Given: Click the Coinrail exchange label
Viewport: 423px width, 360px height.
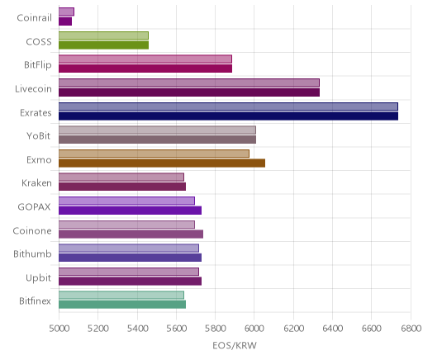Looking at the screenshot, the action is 34,18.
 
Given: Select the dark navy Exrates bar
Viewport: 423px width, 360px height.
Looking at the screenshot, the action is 228,116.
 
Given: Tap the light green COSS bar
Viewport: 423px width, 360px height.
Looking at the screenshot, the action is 103,36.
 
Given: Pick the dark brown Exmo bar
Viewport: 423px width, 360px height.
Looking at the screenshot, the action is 162,163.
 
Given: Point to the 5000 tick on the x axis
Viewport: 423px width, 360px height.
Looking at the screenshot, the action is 59,328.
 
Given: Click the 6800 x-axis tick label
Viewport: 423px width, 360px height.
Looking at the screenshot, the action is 411,328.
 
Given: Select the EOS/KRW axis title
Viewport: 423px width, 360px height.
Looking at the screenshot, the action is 235,345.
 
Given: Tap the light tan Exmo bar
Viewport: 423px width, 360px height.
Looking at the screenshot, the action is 154,154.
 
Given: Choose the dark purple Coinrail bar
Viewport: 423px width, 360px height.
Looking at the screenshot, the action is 65,21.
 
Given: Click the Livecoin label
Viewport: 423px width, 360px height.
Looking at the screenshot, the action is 33,89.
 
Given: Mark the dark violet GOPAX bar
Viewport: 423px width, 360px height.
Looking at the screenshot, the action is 130,211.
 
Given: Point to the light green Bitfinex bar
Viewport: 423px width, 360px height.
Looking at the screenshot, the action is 121,295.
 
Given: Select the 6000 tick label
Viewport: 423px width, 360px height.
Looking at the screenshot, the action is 254,328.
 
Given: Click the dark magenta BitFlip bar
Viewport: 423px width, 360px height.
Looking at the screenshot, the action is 145,69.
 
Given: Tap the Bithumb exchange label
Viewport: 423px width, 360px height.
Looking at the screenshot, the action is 32,253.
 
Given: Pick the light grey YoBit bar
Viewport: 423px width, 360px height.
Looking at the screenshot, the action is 157,130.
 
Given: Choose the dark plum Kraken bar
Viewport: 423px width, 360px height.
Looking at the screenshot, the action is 122,187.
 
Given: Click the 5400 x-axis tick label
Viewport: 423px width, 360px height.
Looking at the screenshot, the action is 137,328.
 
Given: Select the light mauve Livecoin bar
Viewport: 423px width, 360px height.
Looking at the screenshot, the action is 189,83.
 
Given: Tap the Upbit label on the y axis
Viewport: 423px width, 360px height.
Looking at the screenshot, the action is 39,278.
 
